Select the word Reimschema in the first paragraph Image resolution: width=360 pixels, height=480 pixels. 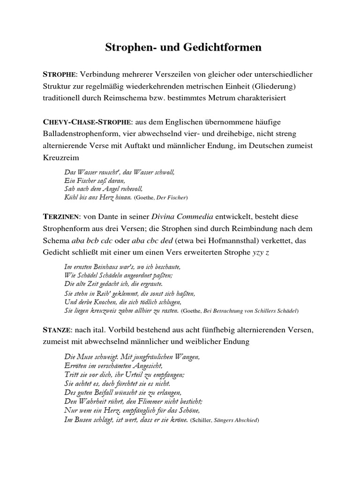coord(132,99)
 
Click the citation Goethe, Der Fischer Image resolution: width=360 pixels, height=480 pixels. coord(161,198)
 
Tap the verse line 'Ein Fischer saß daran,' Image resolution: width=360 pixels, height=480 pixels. coord(95,180)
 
